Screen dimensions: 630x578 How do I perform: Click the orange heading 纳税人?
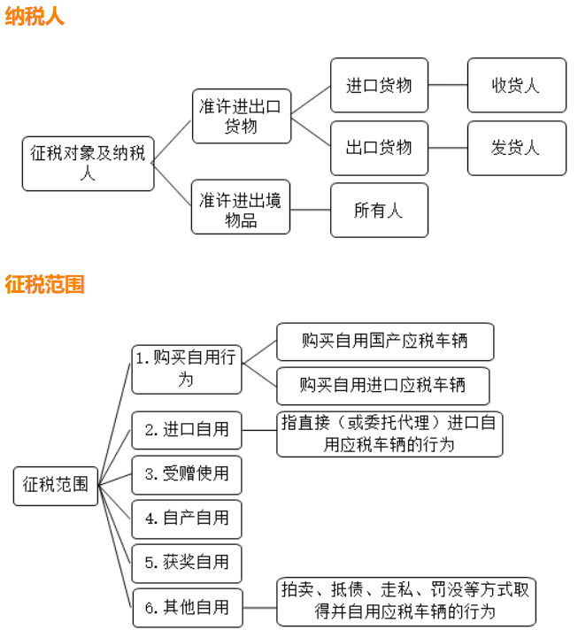click(x=35, y=17)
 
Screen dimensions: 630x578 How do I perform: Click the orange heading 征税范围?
click(x=45, y=285)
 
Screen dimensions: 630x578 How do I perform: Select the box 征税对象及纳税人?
click(x=88, y=163)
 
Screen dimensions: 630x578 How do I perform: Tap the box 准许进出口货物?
click(x=241, y=116)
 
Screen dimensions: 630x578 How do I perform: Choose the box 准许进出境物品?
click(x=241, y=208)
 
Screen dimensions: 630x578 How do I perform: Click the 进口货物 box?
click(x=379, y=86)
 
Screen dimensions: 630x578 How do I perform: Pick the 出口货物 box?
click(x=379, y=147)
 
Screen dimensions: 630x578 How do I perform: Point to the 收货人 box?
click(x=516, y=86)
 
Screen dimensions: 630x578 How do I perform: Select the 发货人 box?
click(x=516, y=147)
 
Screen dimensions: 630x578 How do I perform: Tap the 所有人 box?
click(x=379, y=211)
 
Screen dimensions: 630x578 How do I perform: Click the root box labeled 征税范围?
click(x=56, y=484)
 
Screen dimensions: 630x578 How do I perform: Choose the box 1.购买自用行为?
click(x=187, y=368)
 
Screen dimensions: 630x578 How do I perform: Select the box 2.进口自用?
click(x=187, y=431)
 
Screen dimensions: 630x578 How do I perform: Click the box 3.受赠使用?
click(x=187, y=474)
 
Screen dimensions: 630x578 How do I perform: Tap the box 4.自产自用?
click(x=187, y=519)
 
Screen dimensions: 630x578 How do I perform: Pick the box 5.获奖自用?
click(x=187, y=563)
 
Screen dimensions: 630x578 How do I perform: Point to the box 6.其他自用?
click(x=187, y=607)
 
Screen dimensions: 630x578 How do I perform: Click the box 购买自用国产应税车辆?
click(x=385, y=342)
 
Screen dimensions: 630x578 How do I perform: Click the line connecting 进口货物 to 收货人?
click(x=447, y=86)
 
